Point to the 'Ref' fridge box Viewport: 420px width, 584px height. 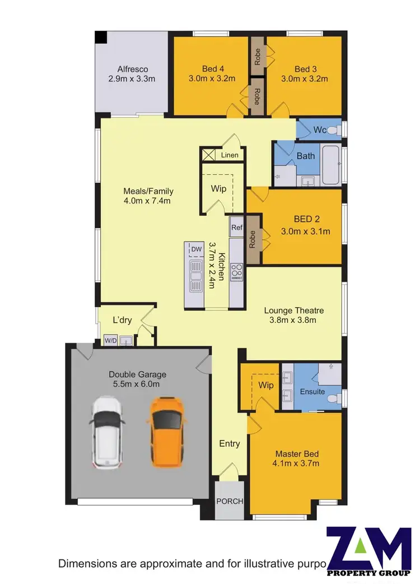pos(236,228)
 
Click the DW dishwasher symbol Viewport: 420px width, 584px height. pos(196,249)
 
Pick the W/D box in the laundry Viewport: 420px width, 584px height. pos(110,340)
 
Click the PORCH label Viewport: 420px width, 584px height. pos(230,501)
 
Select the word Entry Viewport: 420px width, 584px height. pos(230,443)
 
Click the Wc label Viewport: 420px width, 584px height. pos(320,130)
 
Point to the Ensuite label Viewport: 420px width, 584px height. pos(312,391)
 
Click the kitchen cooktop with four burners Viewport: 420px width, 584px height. pos(237,272)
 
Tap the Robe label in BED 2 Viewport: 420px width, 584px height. pos(253,239)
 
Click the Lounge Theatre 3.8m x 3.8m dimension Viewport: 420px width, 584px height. pos(294,321)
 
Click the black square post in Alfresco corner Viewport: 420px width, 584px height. pos(100,37)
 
